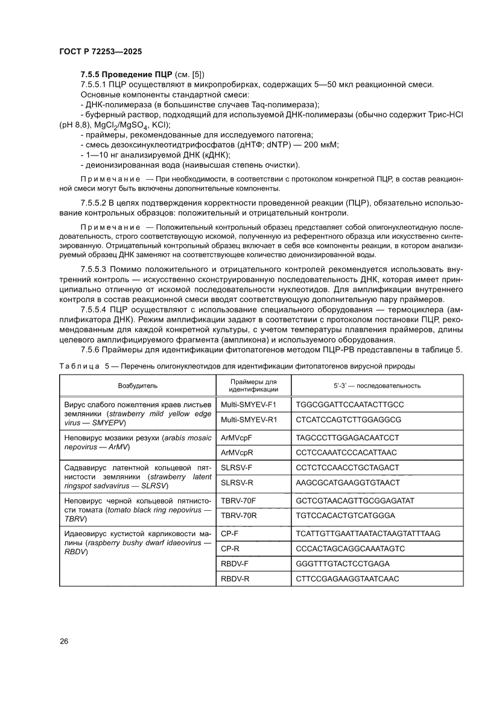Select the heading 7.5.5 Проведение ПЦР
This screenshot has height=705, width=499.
pos(127,74)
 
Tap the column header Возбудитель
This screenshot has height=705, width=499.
pos(138,385)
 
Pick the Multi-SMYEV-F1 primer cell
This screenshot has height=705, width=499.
pos(248,403)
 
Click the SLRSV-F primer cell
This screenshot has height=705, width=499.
pos(237,467)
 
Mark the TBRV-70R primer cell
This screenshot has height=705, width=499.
pos(240,515)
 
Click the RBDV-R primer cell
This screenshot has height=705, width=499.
pos(235,579)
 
